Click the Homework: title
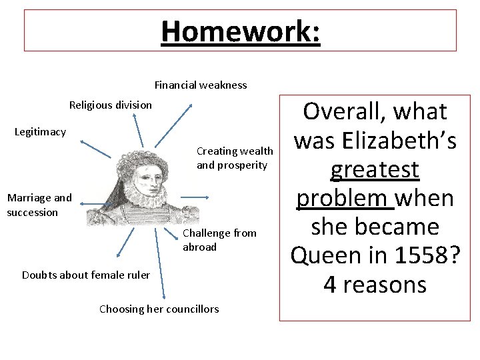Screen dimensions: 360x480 tap(241, 31)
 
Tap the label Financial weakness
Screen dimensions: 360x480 tap(201, 85)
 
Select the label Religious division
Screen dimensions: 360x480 tap(111, 105)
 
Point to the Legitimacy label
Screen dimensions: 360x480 tap(40, 131)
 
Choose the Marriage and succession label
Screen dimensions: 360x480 tap(39, 205)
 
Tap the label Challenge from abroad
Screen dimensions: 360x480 tap(219, 239)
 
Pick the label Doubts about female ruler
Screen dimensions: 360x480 tap(86, 275)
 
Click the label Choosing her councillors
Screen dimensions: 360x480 tap(159, 308)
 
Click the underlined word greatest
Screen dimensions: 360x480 tap(375, 169)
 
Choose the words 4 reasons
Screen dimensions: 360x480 tap(375, 285)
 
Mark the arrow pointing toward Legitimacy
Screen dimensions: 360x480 tap(95, 148)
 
